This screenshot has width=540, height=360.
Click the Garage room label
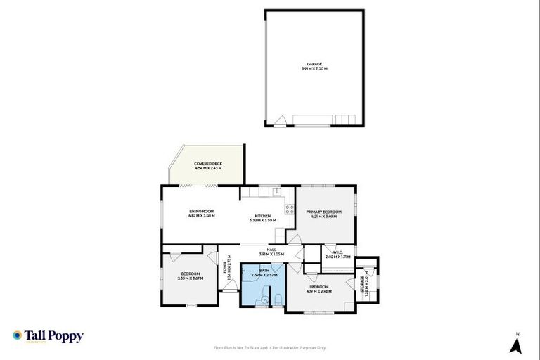tap(314, 64)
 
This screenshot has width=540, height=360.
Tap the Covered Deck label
tap(208, 163)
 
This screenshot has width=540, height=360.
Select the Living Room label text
tap(201, 211)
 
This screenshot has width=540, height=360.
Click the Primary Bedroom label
tap(323, 212)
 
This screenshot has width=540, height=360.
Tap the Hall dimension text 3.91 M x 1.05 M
tap(271, 253)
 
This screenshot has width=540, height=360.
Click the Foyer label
tap(225, 267)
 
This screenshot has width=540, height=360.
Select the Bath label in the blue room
tap(264, 270)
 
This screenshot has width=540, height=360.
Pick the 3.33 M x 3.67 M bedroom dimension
tap(191, 278)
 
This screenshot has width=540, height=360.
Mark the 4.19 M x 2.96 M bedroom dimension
tap(319, 291)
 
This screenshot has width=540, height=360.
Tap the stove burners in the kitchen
tap(289, 210)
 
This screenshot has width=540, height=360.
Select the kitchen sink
tap(278, 191)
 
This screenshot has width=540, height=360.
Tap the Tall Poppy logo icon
tap(17, 335)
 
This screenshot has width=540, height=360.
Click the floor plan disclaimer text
tap(269, 347)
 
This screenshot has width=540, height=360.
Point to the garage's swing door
tap(280, 121)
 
